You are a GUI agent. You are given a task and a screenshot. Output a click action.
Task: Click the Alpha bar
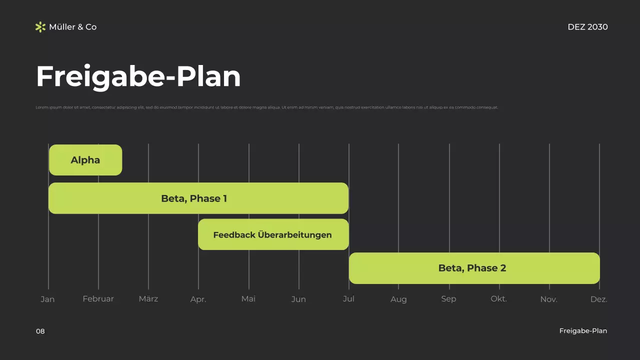[85, 160]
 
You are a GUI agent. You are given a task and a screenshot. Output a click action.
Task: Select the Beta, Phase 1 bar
[198, 198]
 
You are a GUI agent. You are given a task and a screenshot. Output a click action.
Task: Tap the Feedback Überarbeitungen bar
[273, 234]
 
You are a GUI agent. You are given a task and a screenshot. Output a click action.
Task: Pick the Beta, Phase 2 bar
[474, 268]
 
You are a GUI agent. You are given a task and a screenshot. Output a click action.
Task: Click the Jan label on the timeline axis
[47, 299]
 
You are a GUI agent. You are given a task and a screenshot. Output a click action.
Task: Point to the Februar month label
[98, 299]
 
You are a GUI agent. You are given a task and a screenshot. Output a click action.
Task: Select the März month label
[148, 299]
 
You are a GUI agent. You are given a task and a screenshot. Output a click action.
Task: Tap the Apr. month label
[198, 299]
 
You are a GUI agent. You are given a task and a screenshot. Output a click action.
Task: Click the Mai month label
[248, 299]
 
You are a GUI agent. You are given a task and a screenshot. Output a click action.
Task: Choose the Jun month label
[298, 299]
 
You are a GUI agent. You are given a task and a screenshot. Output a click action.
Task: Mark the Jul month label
[348, 299]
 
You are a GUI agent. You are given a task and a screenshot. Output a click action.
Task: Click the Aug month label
[398, 299]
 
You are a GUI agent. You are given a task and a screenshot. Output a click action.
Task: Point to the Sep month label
[448, 299]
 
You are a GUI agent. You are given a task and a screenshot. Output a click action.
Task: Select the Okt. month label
[498, 299]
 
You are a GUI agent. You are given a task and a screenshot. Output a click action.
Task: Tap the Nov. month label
[548, 299]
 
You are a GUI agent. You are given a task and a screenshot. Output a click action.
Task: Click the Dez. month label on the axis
[598, 299]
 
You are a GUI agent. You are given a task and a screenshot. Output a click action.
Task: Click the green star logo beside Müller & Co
[40, 27]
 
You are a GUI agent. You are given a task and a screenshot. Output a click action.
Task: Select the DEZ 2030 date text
[587, 27]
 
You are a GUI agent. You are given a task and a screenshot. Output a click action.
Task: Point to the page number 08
[40, 331]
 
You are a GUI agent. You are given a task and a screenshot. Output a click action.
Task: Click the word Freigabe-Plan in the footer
[583, 331]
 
